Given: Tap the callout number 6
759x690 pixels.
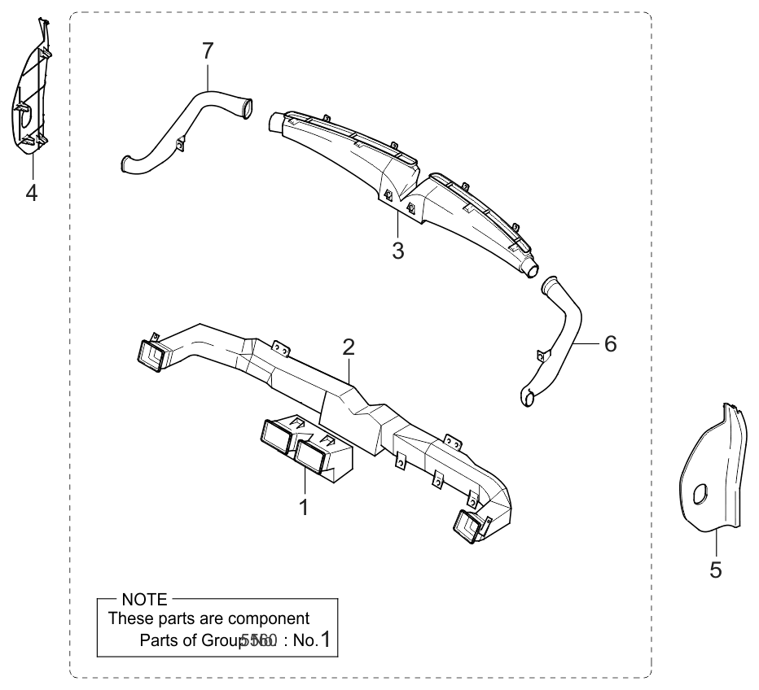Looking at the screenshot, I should [610, 343].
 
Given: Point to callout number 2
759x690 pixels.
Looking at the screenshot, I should [349, 347].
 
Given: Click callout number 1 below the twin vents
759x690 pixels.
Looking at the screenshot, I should [303, 508].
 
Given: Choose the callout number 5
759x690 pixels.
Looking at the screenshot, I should [716, 570].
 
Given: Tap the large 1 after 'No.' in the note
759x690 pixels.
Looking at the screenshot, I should [325, 640].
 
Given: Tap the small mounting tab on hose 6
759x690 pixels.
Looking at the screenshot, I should [542, 356].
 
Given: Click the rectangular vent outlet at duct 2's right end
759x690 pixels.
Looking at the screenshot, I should [468, 527].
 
